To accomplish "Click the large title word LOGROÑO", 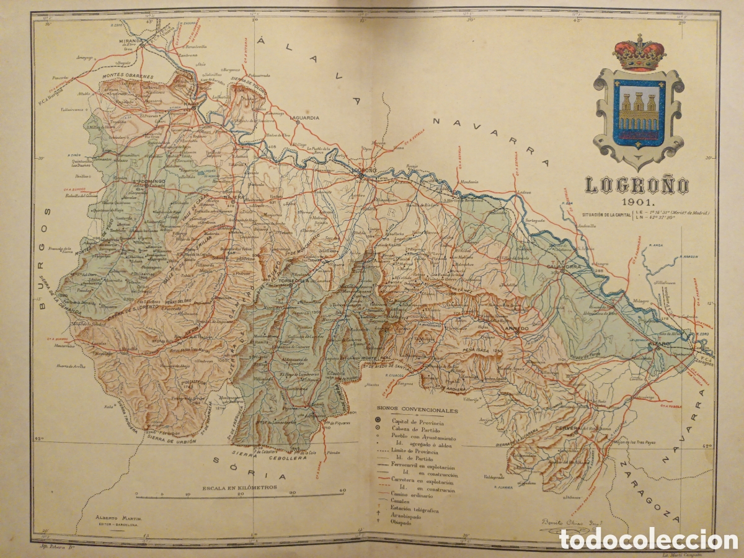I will point(637,185).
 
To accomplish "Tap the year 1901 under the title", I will point(637,202).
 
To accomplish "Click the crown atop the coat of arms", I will point(639,53).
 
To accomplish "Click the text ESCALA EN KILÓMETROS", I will point(239,487).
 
